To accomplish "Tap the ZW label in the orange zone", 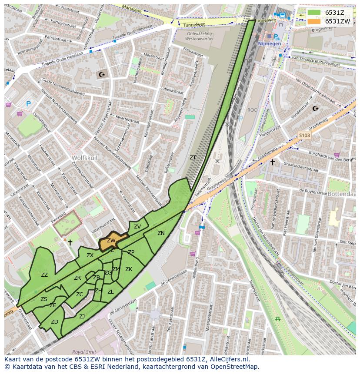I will (x=111, y=240).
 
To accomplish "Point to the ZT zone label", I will (x=193, y=157).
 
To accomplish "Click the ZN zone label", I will (x=161, y=233).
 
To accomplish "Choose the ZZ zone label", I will (x=44, y=275).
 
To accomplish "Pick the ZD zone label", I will (x=54, y=322).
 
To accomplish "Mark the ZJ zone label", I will (x=82, y=316).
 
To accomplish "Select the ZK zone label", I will (x=129, y=269).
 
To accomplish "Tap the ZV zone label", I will (x=137, y=226).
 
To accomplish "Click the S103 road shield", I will (x=304, y=136).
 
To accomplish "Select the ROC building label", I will (x=252, y=110).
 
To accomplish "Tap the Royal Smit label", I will (x=84, y=352).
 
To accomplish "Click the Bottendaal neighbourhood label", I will (x=342, y=194).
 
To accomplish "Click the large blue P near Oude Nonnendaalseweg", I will (x=28, y=104).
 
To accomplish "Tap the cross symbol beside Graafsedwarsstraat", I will (x=272, y=162).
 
